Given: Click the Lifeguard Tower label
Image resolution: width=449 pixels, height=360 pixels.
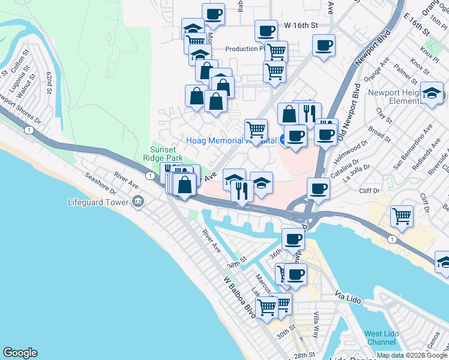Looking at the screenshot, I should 98,202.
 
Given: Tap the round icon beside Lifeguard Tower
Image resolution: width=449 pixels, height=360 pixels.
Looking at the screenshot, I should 139,201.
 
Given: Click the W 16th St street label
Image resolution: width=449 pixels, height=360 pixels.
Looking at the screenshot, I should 300,26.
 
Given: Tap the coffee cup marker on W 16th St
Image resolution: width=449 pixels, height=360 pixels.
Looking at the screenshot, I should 265,30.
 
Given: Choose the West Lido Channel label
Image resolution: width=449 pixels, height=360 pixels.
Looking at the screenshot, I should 381,337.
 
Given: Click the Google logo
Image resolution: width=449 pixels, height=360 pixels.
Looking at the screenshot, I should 20,353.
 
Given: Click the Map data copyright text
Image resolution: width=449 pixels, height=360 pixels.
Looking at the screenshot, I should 412,355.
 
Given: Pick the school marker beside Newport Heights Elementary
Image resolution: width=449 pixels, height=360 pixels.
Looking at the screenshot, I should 432,93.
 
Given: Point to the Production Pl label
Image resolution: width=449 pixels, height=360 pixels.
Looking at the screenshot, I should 245,49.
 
